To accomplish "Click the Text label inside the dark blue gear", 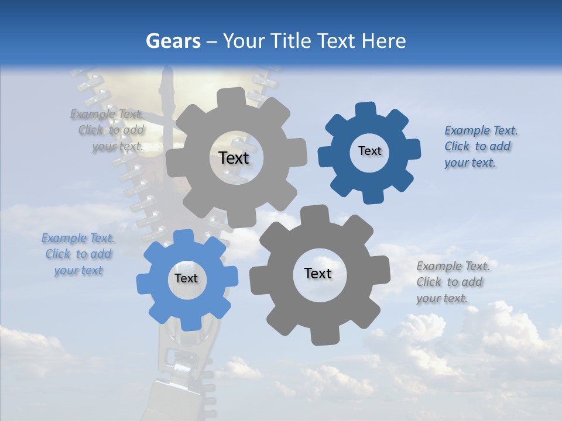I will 369,151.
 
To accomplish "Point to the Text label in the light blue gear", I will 186,278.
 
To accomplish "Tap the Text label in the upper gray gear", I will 234,158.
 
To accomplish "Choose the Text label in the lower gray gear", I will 318,273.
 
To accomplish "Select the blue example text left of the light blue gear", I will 78,254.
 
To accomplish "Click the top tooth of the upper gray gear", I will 235,95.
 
